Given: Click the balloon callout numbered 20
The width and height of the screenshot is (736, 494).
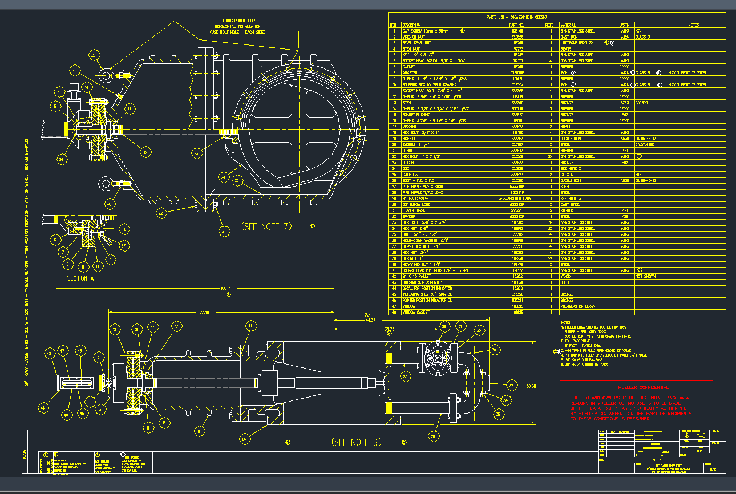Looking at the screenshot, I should click(94, 55).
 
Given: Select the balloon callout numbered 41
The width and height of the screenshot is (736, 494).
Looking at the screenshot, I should click(74, 71).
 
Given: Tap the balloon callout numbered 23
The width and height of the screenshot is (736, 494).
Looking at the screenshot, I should click(196, 152).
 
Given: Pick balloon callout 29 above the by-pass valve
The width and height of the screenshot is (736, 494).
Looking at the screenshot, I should click(445, 326).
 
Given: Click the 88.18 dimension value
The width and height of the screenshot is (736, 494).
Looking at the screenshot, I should click(226, 289).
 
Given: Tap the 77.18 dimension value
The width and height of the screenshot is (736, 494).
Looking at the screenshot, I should click(204, 313).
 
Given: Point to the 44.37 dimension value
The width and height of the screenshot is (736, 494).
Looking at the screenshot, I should click(372, 321).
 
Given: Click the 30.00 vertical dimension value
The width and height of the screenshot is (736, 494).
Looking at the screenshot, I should click(531, 386).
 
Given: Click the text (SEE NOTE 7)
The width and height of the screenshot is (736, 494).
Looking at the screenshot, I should click(266, 226).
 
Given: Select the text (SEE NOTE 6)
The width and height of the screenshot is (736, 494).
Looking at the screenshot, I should click(357, 442).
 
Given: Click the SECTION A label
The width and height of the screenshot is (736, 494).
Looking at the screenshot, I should click(78, 278).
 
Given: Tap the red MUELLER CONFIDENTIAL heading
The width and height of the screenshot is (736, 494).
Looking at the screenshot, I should click(636, 387).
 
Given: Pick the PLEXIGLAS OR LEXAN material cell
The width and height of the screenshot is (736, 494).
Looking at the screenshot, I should click(578, 306).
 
